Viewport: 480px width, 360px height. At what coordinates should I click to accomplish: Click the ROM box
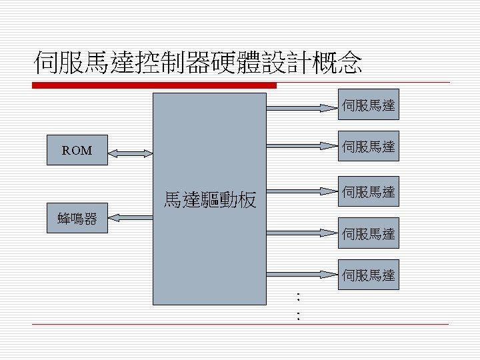click(77, 150)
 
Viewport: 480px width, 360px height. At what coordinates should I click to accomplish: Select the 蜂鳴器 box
click(77, 218)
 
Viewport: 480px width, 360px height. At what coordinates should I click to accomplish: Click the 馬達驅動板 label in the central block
click(210, 200)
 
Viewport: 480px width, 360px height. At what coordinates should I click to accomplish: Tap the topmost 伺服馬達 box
click(369, 105)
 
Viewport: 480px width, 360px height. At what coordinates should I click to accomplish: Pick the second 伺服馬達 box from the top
click(369, 146)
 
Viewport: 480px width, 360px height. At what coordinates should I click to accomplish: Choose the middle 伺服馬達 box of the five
click(369, 191)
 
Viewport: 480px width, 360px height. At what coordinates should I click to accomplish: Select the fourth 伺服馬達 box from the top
click(369, 233)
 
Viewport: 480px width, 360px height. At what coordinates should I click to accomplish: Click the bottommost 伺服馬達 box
click(369, 275)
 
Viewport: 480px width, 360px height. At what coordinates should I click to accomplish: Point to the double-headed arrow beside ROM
click(131, 153)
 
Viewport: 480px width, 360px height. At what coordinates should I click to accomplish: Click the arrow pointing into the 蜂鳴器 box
click(131, 217)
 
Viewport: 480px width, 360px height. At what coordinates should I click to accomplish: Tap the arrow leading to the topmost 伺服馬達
click(302, 108)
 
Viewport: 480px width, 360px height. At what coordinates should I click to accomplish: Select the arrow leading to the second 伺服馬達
click(302, 146)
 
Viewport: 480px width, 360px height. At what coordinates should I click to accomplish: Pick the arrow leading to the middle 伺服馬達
click(302, 191)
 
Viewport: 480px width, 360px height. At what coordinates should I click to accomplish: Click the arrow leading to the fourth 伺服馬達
click(302, 233)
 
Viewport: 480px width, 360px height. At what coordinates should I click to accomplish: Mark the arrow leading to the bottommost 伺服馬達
click(302, 275)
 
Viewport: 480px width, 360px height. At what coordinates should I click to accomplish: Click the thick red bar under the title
click(154, 85)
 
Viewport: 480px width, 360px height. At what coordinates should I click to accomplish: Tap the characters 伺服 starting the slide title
click(59, 63)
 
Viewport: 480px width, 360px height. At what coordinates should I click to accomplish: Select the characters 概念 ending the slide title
click(337, 63)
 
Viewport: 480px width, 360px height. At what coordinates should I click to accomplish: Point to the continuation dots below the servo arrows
click(298, 306)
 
